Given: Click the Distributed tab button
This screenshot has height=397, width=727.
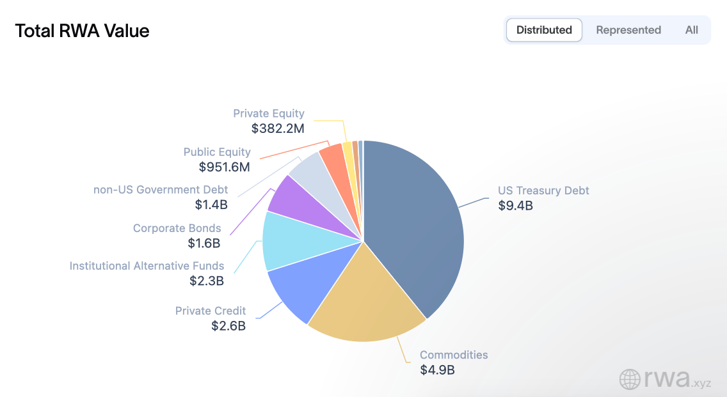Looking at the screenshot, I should tap(544, 30).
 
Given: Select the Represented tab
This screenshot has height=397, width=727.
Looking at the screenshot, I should tap(628, 30).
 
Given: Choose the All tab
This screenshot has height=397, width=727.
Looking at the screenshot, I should tap(691, 30).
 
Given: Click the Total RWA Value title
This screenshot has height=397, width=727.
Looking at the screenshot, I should tap(82, 31).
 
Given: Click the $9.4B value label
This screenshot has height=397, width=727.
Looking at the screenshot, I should tap(515, 206).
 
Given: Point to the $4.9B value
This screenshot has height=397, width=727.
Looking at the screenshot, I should tap(437, 370).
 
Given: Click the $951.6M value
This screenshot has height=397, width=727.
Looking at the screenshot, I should tap(224, 167).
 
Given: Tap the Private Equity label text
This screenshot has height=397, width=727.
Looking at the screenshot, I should tap(269, 113).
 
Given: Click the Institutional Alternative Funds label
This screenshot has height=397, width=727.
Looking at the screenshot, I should tap(147, 265).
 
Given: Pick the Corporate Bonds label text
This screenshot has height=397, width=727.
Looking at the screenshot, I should tap(177, 228).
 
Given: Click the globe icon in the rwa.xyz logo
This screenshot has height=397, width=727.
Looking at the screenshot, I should tap(630, 379).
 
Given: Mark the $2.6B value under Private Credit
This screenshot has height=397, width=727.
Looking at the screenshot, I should tap(228, 325).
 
